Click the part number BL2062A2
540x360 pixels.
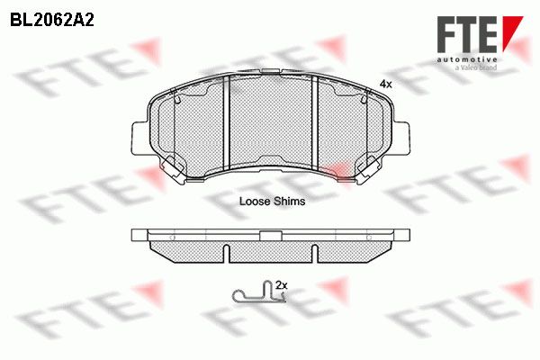[52, 21]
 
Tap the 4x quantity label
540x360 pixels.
[385, 84]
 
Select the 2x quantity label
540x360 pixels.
[282, 285]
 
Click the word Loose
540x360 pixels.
[255, 202]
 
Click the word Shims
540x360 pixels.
[289, 202]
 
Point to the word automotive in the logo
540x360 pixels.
[467, 59]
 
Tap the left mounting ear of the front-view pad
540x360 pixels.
[139, 138]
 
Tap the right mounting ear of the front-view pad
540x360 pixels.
[401, 138]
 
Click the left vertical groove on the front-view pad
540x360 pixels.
[226, 123]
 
